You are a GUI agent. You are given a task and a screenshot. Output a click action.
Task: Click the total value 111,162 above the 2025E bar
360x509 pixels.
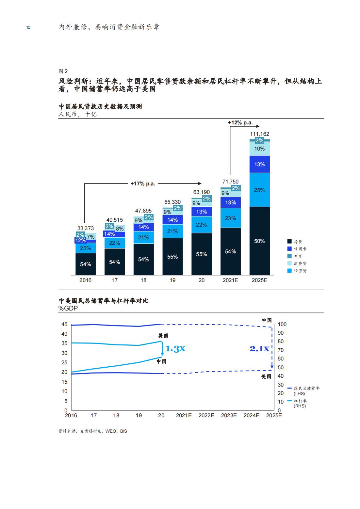pos(259,134)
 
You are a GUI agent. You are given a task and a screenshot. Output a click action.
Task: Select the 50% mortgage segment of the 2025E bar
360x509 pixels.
pos(259,241)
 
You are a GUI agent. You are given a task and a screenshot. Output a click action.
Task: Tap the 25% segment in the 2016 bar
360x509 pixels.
pos(85,248)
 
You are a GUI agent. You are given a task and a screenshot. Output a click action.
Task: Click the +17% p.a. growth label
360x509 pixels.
pos(143,184)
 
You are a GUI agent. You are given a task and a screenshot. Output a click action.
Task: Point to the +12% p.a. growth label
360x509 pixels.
pos(240,123)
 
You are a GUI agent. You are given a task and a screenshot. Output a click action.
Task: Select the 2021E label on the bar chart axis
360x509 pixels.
pos(230,280)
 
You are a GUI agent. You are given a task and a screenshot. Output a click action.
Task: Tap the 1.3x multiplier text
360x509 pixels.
pos(175,349)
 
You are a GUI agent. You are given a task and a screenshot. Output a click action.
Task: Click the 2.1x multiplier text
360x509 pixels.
pos(259,349)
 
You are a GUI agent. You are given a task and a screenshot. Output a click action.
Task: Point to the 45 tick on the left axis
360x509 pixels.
pos(64,324)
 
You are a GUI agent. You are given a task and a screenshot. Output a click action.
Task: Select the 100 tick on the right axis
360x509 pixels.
pos(282,324)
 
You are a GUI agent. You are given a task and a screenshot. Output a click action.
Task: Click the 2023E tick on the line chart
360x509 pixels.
pos(229,415)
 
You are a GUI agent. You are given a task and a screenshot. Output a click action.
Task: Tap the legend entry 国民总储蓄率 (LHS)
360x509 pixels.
pos(304,390)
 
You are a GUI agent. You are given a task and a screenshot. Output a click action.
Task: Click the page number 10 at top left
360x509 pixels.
pos(28,27)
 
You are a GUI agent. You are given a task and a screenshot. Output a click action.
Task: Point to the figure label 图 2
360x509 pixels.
pos(63,71)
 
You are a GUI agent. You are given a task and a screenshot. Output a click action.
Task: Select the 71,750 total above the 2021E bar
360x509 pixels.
pos(230,182)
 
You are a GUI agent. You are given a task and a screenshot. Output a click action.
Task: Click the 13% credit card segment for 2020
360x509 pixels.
pos(201,212)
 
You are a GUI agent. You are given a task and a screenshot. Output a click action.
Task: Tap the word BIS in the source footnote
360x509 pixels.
pos(123,431)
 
